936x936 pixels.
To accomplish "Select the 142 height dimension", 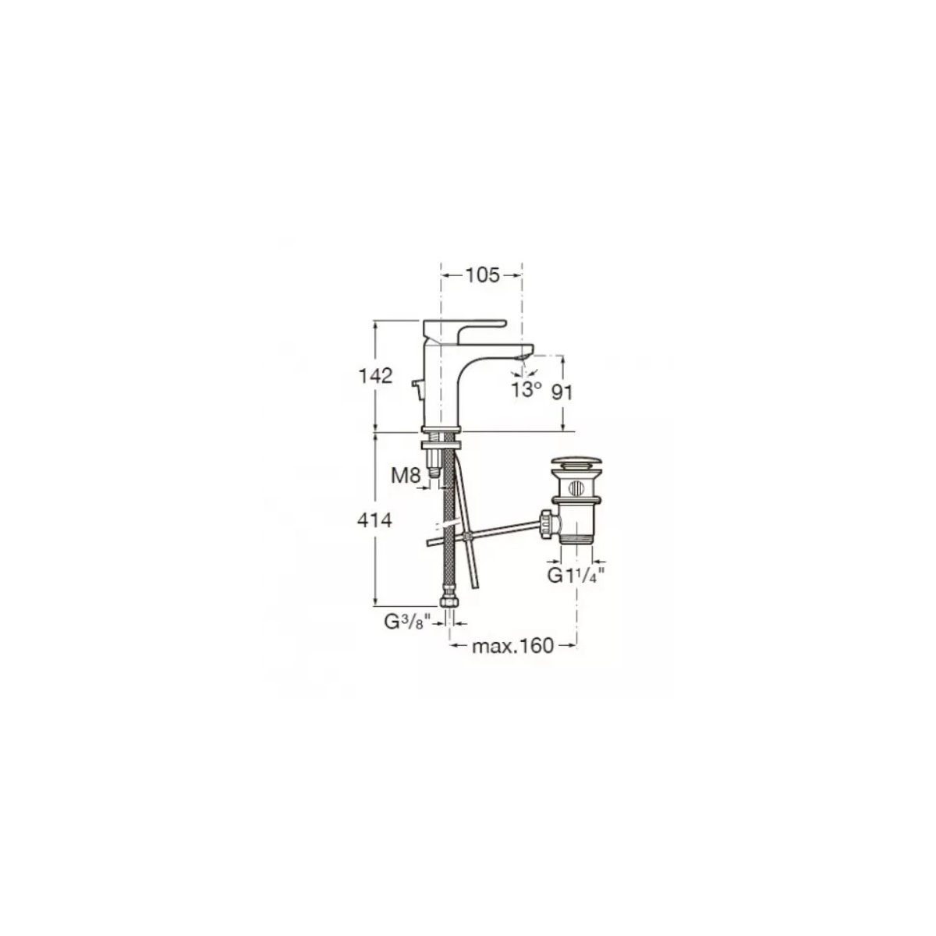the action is tap(375, 375).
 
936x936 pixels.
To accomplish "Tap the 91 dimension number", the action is tap(562, 392).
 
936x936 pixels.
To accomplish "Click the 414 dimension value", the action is tap(374, 520).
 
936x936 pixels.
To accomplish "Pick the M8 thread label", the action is tap(406, 476).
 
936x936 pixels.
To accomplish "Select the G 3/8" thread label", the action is tap(407, 622).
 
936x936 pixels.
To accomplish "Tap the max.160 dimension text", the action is tap(513, 646).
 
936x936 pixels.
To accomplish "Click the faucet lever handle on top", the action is tap(464, 328).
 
